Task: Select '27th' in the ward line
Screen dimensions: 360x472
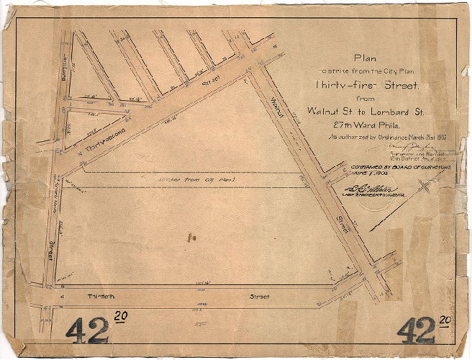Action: (335, 123)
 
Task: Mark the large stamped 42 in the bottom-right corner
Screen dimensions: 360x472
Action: (415, 330)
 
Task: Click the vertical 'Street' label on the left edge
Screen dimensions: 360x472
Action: (52, 251)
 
